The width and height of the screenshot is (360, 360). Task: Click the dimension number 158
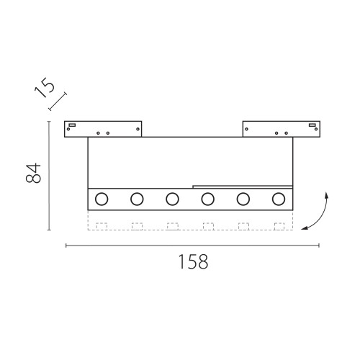coord(193,261)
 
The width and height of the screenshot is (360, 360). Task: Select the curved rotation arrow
coord(320,212)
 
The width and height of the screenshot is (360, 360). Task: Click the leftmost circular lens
coord(102,199)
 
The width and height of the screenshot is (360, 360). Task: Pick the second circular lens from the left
coord(137,199)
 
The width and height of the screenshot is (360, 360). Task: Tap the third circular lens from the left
coord(172,199)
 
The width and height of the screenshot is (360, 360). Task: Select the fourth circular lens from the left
coord(207,199)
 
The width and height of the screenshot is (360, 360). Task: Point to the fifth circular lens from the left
coord(243,199)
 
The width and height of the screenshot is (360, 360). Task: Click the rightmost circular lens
coord(278,199)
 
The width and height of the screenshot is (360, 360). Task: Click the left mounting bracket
coord(104,128)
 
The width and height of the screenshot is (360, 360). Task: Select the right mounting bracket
coord(280,128)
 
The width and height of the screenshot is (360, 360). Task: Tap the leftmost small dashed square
coord(102,226)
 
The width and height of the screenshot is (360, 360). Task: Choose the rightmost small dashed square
coord(279,226)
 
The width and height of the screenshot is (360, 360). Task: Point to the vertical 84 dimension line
coord(49,176)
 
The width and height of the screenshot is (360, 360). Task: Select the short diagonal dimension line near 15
coord(58,101)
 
